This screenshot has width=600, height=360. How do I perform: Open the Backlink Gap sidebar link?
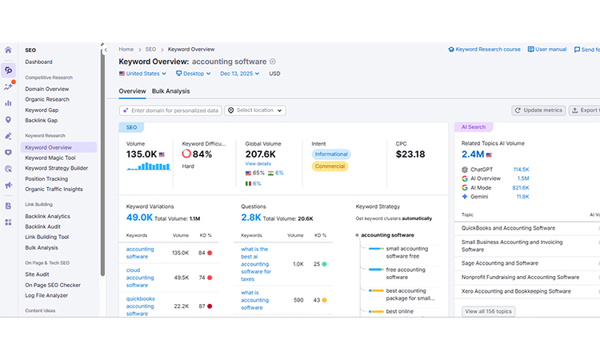[41, 120]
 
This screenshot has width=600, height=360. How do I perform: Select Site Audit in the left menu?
[38, 274]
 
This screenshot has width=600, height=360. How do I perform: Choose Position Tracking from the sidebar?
[46, 178]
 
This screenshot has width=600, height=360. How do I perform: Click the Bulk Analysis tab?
[170, 91]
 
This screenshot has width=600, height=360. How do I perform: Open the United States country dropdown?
[142, 74]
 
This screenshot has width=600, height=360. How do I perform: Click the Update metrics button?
[538, 110]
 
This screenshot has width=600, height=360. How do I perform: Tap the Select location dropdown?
[255, 110]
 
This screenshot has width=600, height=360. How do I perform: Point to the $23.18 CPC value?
[410, 154]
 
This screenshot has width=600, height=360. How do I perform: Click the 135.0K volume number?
[141, 154]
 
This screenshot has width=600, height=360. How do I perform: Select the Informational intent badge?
[330, 154]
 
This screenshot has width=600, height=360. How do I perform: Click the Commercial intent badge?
[330, 166]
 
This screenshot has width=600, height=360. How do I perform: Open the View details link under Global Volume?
[258, 163]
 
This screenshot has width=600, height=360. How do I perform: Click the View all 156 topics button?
[489, 311]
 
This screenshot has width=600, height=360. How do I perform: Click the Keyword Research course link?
[484, 50]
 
